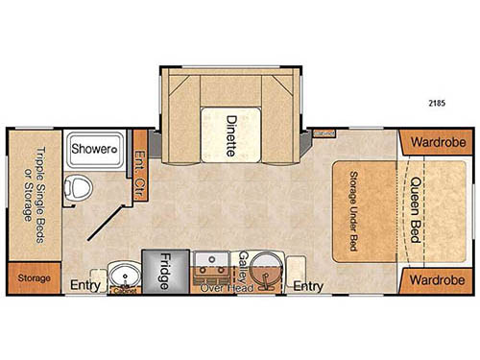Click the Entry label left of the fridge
point(86,285)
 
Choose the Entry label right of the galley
point(307,286)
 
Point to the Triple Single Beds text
point(40,182)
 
